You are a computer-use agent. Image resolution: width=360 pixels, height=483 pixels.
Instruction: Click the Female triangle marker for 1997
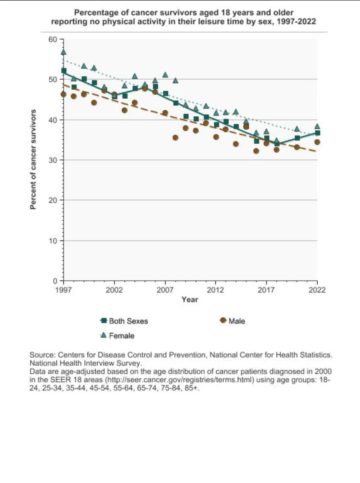click(64, 52)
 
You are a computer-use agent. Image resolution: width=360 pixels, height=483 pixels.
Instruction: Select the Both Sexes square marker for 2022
click(317, 133)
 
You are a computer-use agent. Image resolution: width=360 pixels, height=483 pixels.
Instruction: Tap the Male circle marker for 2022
click(317, 142)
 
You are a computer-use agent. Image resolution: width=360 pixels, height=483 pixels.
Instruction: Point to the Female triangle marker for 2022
click(317, 127)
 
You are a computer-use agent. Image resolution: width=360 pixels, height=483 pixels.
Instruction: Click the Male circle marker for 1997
click(64, 94)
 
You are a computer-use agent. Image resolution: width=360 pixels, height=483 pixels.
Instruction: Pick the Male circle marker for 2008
click(175, 138)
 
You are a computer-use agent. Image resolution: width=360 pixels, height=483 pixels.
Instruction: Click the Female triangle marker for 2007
click(165, 75)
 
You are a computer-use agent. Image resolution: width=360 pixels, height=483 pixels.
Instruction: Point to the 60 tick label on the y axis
click(53, 39)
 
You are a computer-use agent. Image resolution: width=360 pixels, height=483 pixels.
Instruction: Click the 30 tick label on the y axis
click(53, 160)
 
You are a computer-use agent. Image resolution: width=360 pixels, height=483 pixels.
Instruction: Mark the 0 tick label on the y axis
click(55, 281)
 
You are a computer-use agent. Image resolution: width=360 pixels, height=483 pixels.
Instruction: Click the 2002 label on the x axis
click(114, 290)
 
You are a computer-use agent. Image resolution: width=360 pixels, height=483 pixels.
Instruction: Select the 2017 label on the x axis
click(266, 290)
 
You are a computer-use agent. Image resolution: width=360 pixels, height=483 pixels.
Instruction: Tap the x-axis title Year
click(190, 299)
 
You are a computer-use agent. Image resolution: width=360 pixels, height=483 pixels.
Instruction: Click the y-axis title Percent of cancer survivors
click(32, 159)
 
